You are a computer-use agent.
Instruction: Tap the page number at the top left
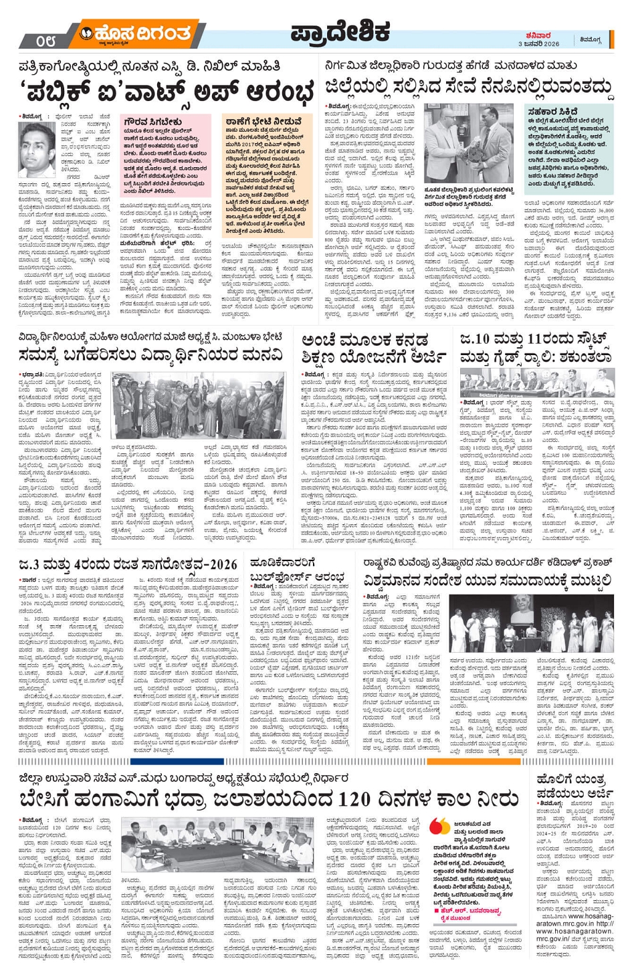coord(47,41)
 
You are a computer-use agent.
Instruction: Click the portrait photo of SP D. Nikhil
coord(37,149)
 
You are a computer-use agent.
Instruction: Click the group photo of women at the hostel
coord(199,407)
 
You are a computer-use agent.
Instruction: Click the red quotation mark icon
coord(439,827)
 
